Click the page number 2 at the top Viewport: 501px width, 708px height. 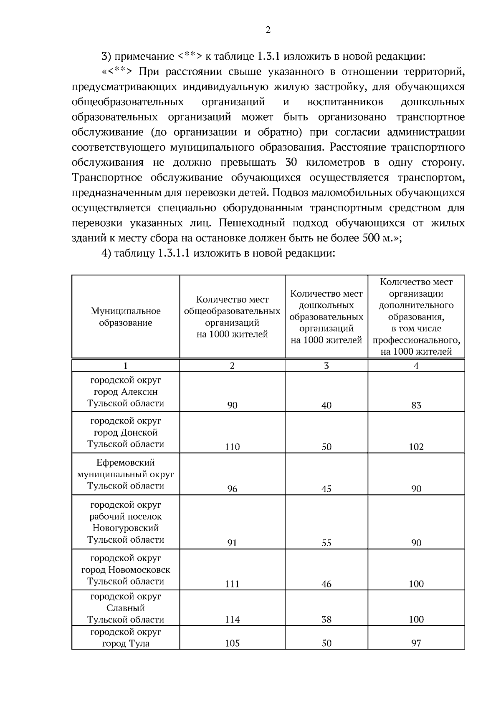268,30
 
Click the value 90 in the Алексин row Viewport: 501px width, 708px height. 232,405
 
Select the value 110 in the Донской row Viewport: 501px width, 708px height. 232,447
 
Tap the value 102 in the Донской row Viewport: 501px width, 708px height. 416,447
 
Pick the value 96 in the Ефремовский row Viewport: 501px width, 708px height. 232,489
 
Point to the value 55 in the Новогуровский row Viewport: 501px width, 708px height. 326,543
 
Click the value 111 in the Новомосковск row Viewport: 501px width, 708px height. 232,584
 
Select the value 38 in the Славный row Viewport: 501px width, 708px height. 326,620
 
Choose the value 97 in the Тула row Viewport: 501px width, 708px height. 416,643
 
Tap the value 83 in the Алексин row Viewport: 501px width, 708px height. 416,405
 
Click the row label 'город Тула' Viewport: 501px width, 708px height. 126,643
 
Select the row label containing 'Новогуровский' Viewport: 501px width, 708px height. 126,528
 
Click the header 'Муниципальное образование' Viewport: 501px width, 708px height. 126,317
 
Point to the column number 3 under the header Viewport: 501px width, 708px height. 326,366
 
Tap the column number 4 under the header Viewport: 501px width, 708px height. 416,366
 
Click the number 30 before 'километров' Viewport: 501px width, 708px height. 291,162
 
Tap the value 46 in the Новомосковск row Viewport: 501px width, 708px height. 326,584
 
